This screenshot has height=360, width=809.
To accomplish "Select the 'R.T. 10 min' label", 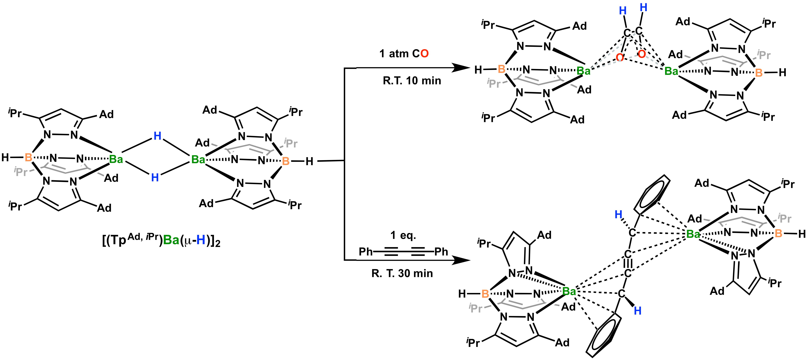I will pos(412,81).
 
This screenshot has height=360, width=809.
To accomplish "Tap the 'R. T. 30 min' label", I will pos(402,273).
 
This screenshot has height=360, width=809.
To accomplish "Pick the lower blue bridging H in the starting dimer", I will pos(155,178).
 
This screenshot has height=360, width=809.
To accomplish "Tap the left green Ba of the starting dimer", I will pos(116,159).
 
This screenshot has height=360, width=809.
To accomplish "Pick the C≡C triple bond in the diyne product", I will pos(627,264).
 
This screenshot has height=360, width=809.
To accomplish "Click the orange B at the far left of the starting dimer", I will pos(28,157).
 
